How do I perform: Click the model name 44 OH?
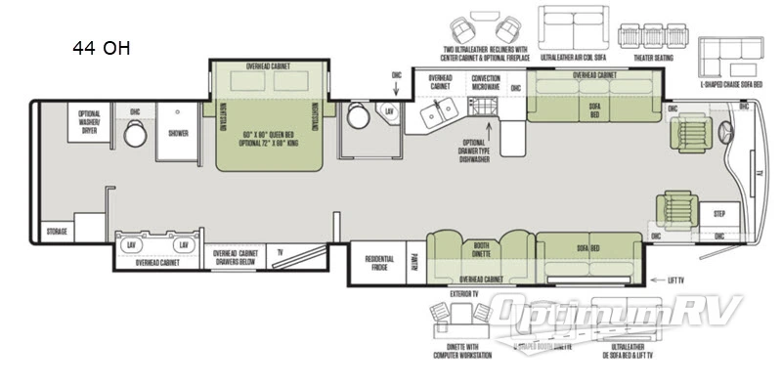(102, 48)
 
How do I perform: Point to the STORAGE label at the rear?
(57, 232)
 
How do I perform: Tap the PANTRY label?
(414, 259)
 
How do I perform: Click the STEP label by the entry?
(719, 211)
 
